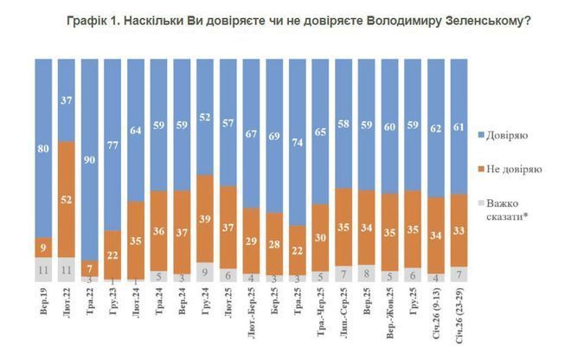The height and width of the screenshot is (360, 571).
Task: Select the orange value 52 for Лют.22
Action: (67, 198)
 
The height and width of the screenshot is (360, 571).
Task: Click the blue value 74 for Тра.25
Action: (297, 143)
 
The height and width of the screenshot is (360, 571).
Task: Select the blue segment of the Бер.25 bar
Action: (273, 134)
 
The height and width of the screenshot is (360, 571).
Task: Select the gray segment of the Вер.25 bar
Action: (367, 272)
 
